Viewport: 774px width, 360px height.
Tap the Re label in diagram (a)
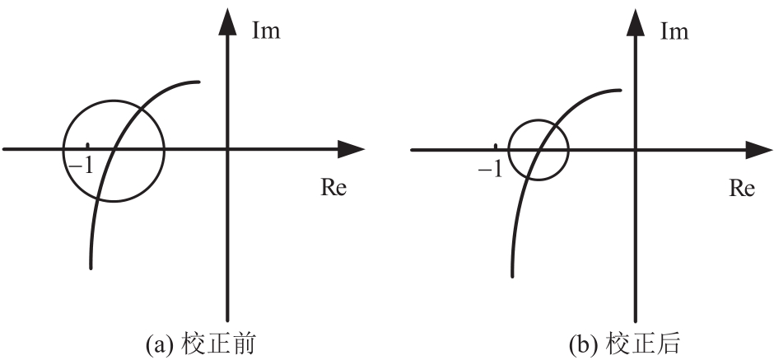pos(333,187)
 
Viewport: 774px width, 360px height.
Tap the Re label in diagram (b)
pos(742,187)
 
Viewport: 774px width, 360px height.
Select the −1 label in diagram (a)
pos(81,165)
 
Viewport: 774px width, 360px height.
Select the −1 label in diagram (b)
pos(489,168)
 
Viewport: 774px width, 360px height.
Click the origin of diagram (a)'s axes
pos(226,149)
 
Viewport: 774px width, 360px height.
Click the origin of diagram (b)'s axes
pos(635,149)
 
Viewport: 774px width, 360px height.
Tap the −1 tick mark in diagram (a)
pos(88,147)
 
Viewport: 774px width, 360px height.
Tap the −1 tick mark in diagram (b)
pos(495,147)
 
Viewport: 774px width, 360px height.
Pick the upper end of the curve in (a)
pos(198,82)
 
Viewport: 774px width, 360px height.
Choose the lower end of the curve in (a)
pos(90,268)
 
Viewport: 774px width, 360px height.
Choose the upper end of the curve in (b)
pos(620,90)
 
